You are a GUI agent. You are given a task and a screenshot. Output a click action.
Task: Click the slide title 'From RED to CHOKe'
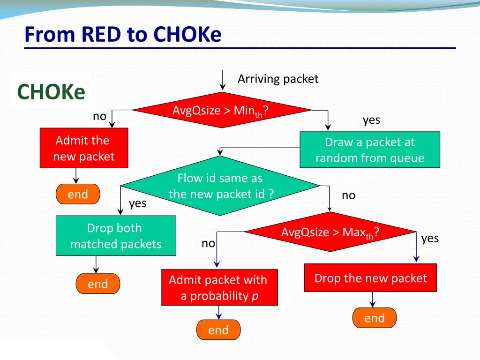point(123,34)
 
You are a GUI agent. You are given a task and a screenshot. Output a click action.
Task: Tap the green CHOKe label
point(51,91)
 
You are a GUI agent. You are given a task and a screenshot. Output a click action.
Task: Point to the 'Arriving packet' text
point(278,79)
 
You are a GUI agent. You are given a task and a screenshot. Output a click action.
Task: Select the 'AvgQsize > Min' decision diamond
point(222,110)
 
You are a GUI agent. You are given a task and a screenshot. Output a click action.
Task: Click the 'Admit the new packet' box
point(84,148)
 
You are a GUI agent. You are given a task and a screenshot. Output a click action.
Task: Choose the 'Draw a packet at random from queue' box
point(370,150)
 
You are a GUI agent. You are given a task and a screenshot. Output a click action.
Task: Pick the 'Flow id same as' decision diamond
point(220,186)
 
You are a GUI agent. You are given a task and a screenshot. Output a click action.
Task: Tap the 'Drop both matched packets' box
point(116,236)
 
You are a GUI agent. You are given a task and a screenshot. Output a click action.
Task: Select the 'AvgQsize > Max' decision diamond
point(330,232)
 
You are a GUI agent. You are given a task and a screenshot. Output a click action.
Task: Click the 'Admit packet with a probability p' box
point(219,287)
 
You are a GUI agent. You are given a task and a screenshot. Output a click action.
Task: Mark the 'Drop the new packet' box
point(370,278)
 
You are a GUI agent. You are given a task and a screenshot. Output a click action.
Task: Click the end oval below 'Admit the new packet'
point(78,194)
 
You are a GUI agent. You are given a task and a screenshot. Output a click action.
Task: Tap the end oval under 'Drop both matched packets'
point(98,284)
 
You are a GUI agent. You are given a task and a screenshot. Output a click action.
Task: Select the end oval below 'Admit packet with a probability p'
point(218,330)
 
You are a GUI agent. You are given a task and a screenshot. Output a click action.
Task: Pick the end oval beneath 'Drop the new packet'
point(375,318)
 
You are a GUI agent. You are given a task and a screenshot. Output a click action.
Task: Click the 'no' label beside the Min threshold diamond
point(99,116)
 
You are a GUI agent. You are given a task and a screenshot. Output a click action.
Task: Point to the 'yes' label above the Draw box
point(372,120)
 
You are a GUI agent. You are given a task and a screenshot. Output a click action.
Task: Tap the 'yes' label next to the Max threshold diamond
point(430,239)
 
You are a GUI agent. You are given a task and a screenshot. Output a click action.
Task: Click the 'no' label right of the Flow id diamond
point(349,195)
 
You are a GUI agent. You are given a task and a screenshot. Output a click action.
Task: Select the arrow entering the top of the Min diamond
point(223,80)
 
